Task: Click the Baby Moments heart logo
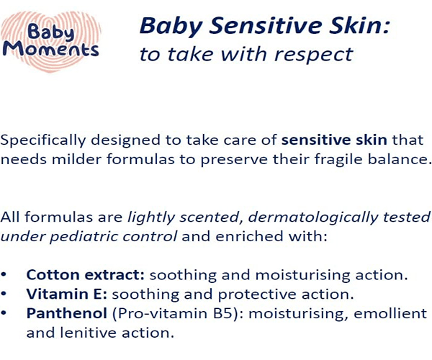51,41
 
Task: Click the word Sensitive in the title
265,25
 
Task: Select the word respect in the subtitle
313,54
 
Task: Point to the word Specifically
43,140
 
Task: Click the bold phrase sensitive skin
334,140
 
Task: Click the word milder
76,159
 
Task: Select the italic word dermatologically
313,217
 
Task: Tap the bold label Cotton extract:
86,275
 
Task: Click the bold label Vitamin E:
67,294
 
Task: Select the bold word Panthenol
67,313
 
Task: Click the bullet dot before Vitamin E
4,294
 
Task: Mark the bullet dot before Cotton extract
4,275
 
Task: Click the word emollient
390,313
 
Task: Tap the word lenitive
88,333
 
